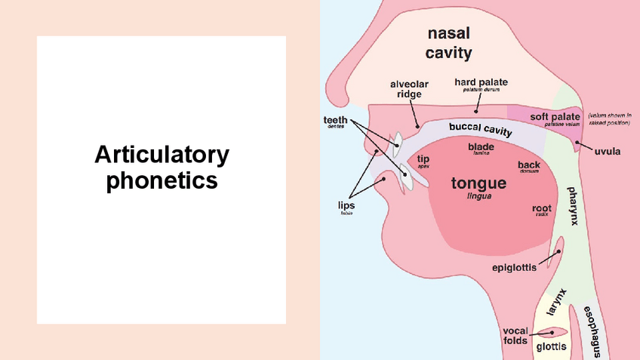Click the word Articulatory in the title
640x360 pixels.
[x=162, y=155]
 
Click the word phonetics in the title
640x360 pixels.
[x=162, y=181]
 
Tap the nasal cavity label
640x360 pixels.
[x=448, y=43]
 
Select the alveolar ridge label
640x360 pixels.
[x=410, y=89]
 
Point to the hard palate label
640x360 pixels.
[x=481, y=82]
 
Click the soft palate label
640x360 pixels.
[x=555, y=117]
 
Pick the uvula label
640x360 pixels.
[x=607, y=151]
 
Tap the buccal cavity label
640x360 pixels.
[x=480, y=129]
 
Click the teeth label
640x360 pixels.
[x=336, y=120]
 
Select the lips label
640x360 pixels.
[x=346, y=205]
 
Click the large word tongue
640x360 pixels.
[x=478, y=183]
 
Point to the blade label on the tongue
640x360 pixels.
[x=481, y=146]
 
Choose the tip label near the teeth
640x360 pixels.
[x=423, y=159]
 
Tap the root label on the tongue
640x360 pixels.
[x=541, y=208]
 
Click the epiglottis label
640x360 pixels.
[x=514, y=267]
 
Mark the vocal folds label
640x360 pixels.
[x=515, y=336]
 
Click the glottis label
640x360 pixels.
[x=550, y=348]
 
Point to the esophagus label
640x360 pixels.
[x=595, y=332]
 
